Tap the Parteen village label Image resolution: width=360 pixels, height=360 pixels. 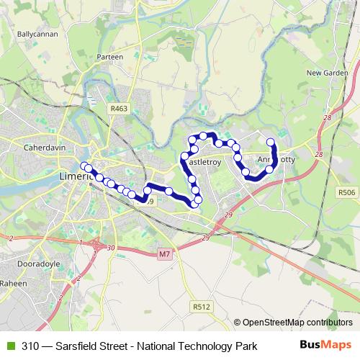[110, 56]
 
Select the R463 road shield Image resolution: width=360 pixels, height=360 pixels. [119, 107]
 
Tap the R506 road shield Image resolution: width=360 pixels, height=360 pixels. [346, 192]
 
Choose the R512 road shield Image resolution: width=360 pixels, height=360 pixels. [201, 306]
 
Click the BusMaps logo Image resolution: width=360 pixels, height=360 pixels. [325, 346]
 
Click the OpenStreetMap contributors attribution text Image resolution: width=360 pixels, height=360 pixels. [293, 323]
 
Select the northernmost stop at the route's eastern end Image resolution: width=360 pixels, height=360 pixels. [271, 142]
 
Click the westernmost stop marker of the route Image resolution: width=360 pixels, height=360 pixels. [85, 166]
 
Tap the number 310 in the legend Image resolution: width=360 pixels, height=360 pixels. [30, 346]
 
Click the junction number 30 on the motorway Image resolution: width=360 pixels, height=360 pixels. [110, 248]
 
